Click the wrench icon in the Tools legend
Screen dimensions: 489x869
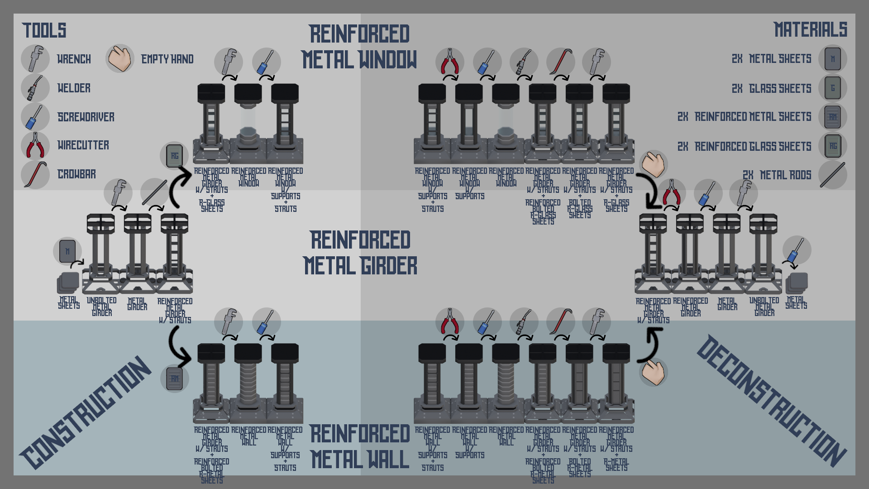[35, 59]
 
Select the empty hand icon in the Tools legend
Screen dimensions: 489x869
[120, 59]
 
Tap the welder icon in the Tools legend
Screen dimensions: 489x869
[35, 88]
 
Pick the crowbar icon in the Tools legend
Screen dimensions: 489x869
[35, 174]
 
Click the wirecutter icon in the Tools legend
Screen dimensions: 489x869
[35, 145]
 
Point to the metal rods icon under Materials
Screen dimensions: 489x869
[832, 175]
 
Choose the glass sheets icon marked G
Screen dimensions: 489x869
[832, 88]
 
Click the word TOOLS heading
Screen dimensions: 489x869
[44, 31]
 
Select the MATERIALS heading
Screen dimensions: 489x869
[810, 30]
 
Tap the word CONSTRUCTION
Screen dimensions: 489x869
[86, 412]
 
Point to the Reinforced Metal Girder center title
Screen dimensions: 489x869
[360, 253]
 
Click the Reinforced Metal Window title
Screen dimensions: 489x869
[359, 47]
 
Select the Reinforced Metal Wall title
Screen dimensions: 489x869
[360, 447]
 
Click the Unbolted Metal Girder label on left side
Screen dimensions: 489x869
[101, 307]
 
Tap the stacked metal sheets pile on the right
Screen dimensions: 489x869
[797, 283]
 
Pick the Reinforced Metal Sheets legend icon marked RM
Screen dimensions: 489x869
[832, 117]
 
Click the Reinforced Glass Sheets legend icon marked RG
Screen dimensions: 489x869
[832, 146]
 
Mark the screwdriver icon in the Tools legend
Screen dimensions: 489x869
[35, 117]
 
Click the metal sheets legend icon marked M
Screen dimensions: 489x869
[832, 59]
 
